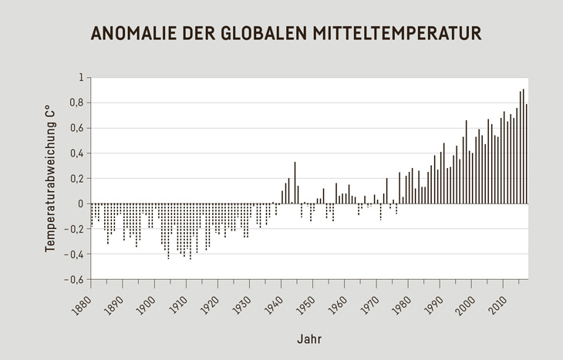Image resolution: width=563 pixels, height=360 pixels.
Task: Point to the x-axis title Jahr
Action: pos(308,339)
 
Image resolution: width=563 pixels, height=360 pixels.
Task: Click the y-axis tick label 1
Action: pos(80,78)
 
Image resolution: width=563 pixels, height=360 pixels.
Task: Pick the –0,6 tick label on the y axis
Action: pos(74,279)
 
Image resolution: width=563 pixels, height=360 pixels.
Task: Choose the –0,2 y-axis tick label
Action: pos(74,229)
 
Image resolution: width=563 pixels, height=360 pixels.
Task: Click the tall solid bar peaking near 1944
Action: pos(295,183)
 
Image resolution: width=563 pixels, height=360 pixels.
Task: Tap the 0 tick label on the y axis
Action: pos(80,204)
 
